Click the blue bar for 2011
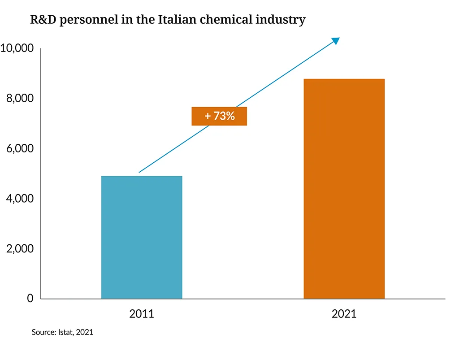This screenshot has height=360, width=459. coord(142,237)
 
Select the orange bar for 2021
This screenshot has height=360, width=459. coord(344,189)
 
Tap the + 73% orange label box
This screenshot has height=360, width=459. coord(219,116)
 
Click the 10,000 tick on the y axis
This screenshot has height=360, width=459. coord(17,48)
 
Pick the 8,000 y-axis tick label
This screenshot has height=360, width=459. coord(20,98)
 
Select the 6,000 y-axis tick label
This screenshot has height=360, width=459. coord(20,148)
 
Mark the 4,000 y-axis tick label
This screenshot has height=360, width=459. coord(20,198)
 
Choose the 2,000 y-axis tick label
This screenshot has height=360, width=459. coord(20,248)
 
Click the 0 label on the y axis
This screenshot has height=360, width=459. coord(30,299)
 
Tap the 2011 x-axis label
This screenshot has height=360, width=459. coord(142,314)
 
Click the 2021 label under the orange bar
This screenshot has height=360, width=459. coord(344,314)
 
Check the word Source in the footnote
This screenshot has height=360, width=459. coord(42,333)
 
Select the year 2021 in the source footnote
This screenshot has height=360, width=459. coord(85,333)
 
